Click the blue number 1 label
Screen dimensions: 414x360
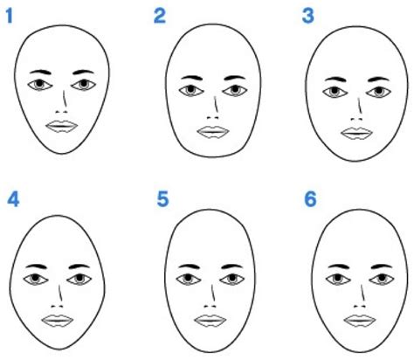(x=10, y=16)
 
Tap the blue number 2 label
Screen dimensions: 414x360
(x=160, y=16)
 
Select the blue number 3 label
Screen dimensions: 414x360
(x=307, y=16)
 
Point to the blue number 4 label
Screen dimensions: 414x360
(x=13, y=199)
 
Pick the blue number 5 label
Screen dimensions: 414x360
(x=162, y=199)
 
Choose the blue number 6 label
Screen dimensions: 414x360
(x=310, y=199)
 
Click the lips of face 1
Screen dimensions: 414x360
(x=62, y=127)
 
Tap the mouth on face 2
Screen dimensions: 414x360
(x=213, y=132)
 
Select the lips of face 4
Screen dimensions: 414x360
(x=58, y=321)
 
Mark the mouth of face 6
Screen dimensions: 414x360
(x=360, y=321)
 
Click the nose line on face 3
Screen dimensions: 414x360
(x=360, y=106)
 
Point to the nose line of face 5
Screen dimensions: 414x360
(x=213, y=293)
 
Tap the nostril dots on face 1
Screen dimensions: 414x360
(x=62, y=112)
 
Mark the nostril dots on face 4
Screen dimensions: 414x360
(x=57, y=306)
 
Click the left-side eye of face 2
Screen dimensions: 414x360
(x=191, y=90)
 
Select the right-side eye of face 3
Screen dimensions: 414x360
(x=378, y=92)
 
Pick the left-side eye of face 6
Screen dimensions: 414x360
(x=338, y=280)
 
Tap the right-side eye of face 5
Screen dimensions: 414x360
(x=232, y=280)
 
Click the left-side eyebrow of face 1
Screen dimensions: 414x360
(x=40, y=72)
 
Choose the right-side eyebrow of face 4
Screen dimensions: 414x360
(x=79, y=267)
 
